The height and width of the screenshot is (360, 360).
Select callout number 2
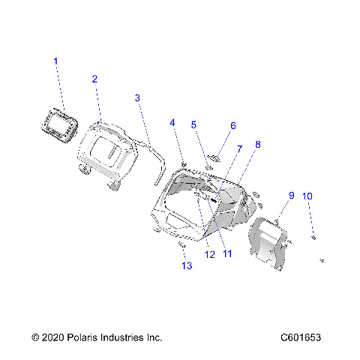click(94, 79)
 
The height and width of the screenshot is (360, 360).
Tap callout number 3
click(137, 97)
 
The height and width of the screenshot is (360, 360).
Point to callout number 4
click(172, 123)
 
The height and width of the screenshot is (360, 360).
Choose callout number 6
click(232, 126)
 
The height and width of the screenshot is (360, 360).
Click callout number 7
click(239, 149)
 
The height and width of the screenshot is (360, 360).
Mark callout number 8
click(258, 144)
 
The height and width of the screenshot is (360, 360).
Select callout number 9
click(292, 196)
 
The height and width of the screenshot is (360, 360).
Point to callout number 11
click(226, 253)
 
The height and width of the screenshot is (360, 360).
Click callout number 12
click(210, 255)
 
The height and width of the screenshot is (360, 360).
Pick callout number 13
click(186, 265)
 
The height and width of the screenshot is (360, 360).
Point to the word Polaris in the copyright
click(77, 338)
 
